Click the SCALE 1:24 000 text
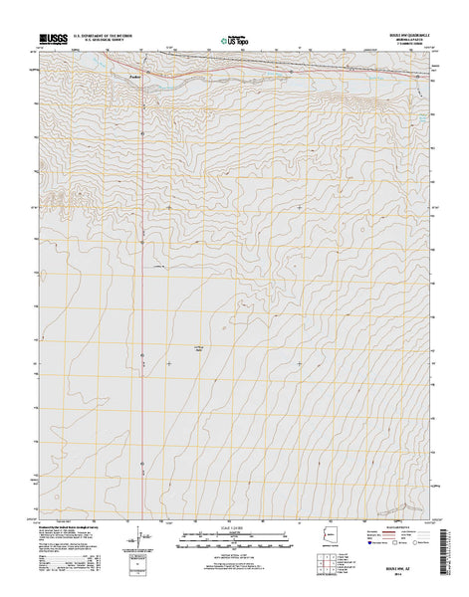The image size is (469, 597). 235,526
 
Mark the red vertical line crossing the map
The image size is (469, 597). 141,298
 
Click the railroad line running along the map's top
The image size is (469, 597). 299,71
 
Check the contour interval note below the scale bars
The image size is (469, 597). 235,554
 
